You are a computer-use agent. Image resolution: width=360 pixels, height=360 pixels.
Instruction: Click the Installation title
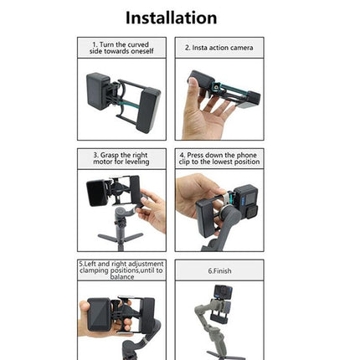click(x=171, y=17)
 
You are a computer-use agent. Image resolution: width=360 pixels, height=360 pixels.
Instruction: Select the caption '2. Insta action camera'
click(x=219, y=48)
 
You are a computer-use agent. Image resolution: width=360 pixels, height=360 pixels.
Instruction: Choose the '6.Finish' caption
click(x=219, y=271)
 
